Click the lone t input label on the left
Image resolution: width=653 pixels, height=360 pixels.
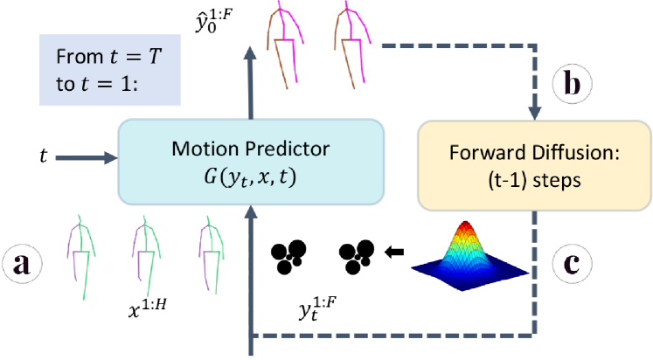44,157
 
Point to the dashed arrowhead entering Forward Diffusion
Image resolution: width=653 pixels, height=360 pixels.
534,114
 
